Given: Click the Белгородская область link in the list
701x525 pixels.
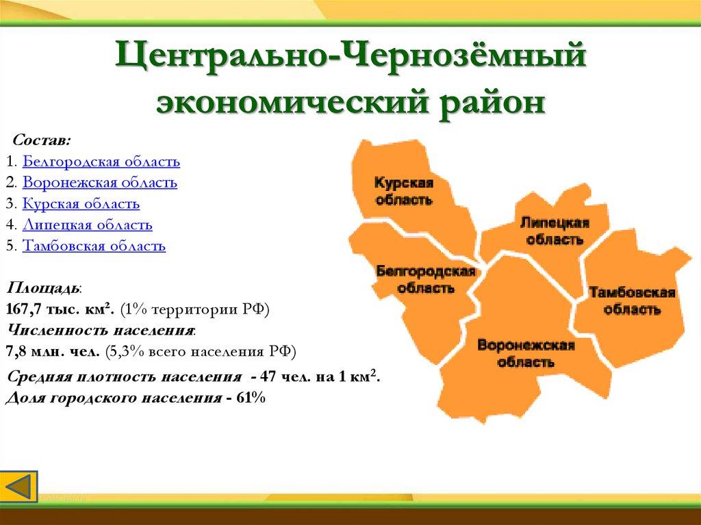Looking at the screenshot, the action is point(101,162).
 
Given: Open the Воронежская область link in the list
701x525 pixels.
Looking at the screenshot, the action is point(100,183).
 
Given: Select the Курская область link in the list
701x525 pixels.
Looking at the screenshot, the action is point(81,204).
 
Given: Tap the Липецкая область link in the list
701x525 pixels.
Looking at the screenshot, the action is point(87,225).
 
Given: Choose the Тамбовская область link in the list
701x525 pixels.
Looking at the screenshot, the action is point(94,246).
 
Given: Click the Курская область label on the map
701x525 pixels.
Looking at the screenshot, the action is point(404,191).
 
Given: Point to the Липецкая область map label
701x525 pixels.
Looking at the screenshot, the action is point(555,231).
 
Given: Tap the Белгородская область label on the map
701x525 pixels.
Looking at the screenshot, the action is point(426,279).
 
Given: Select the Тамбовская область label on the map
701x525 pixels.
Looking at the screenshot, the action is point(632,301).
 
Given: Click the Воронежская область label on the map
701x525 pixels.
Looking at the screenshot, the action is point(526,353).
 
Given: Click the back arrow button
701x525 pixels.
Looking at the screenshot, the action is point(18,487).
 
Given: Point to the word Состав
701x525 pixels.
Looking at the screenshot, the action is point(41,140).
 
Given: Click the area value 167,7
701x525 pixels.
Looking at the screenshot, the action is point(24,309).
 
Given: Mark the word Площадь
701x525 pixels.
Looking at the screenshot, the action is point(43,288).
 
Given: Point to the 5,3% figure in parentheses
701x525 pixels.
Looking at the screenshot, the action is point(127,352).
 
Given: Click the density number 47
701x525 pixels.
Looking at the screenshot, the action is point(268,376).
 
